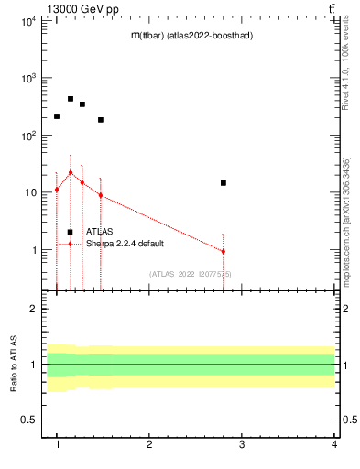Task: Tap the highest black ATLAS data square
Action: coord(71,99)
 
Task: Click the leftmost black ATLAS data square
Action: coord(57,116)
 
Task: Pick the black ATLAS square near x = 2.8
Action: coord(224,183)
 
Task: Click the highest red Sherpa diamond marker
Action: coord(71,172)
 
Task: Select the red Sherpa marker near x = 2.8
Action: coord(224,251)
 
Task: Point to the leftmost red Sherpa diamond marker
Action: coord(57,190)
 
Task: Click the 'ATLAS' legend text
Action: coord(99,232)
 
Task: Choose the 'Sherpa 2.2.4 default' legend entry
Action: coord(127,244)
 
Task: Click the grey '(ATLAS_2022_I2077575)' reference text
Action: coord(191,274)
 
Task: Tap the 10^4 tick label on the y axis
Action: coord(28,21)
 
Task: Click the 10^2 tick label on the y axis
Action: coord(28,136)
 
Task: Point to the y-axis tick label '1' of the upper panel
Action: coord(35,250)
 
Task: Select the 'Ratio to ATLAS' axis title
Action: coord(14,365)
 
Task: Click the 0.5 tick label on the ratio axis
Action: coord(29,420)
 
